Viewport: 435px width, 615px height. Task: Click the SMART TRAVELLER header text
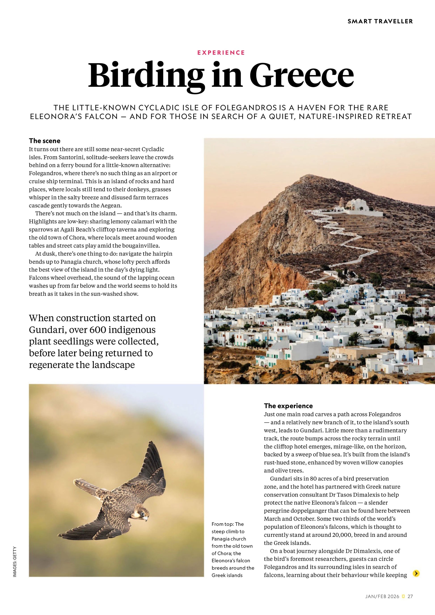[x=380, y=21]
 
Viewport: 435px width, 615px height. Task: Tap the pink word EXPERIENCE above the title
[x=221, y=52]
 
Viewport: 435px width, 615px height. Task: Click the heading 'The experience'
[x=288, y=406]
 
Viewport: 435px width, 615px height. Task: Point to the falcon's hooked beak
[x=146, y=519]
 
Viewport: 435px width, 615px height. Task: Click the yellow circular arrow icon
[x=416, y=573]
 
